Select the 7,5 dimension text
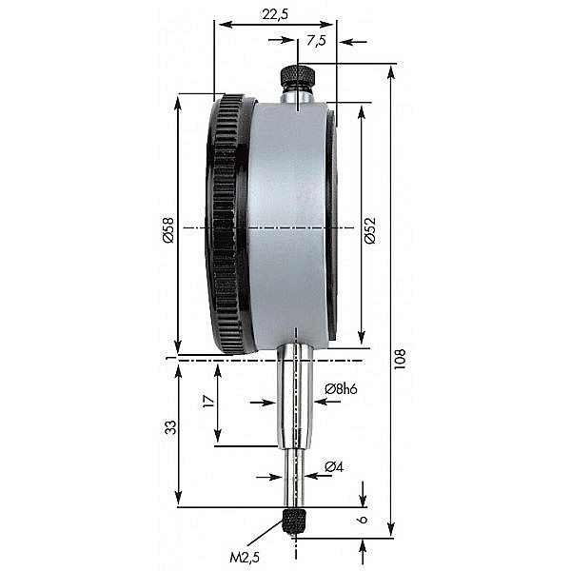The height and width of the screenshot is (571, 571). pos(316,40)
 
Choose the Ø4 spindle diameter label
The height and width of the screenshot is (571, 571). pos(333,466)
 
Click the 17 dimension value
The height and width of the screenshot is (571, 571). pos(208,402)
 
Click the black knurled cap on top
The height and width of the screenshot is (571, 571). pos(297,75)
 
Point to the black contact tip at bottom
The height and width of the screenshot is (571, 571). pos(296,520)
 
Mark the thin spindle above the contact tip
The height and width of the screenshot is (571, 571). pos(297,481)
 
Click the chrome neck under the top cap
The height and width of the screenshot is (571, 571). pos(297,95)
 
